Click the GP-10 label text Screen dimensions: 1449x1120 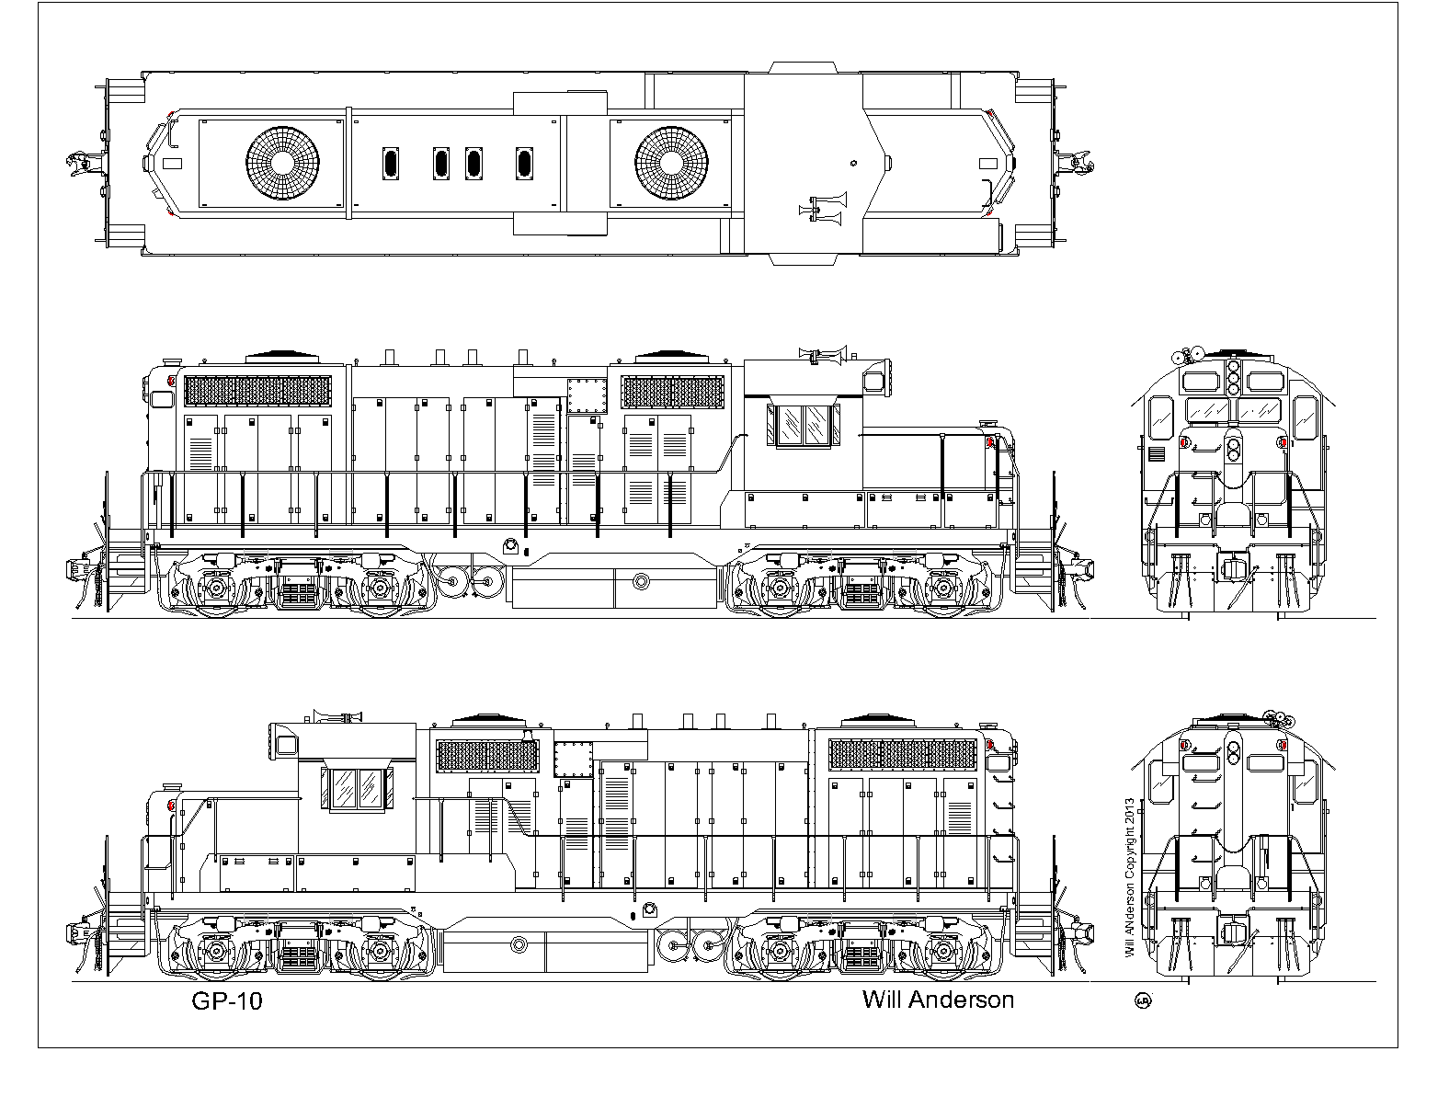pos(227,1001)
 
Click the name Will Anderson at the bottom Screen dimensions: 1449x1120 pos(938,1000)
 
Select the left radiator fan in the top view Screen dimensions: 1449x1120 pos(283,163)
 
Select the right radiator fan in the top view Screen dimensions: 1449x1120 pos(671,163)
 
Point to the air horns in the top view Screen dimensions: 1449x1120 pos(824,208)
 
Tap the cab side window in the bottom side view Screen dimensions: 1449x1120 pos(358,789)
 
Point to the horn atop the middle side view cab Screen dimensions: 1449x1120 pos(824,354)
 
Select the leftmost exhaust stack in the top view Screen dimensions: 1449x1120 pos(391,164)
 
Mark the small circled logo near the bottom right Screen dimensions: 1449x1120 pos(1143,1000)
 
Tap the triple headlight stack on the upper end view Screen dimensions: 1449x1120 pos(1234,376)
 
